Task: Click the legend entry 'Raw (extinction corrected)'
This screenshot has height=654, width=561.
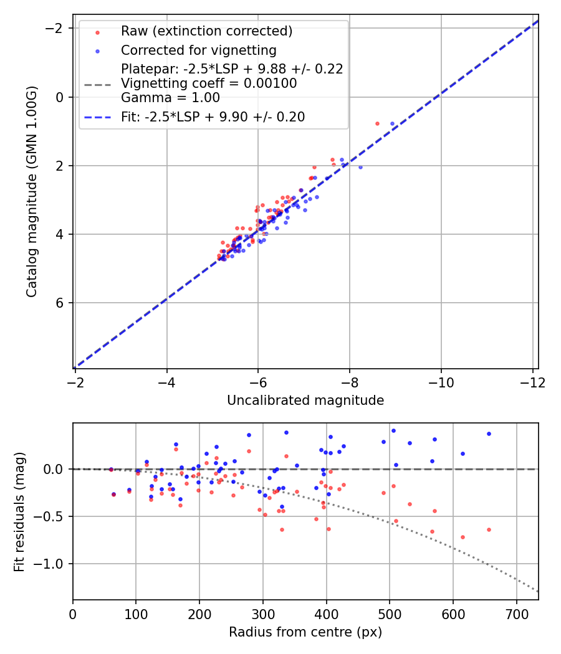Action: (x=206, y=31)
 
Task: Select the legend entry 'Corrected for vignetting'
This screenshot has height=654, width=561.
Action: (x=198, y=50)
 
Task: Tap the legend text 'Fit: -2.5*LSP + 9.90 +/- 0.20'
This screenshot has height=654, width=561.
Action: (x=213, y=116)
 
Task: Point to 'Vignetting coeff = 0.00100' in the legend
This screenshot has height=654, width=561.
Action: (x=209, y=83)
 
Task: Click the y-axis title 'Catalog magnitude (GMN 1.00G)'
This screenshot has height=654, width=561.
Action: (x=32, y=191)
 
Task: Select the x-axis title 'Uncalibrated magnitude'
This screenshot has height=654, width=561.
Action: (x=305, y=400)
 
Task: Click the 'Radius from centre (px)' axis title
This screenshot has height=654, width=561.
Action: (x=305, y=632)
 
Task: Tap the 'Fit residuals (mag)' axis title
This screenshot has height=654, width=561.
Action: (x=19, y=511)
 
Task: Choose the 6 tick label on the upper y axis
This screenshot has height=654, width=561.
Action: (x=61, y=303)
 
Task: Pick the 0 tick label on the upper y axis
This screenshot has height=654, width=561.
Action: (x=61, y=97)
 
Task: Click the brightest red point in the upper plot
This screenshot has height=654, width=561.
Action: (x=377, y=123)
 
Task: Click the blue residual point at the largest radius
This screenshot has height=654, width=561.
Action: (x=489, y=434)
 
